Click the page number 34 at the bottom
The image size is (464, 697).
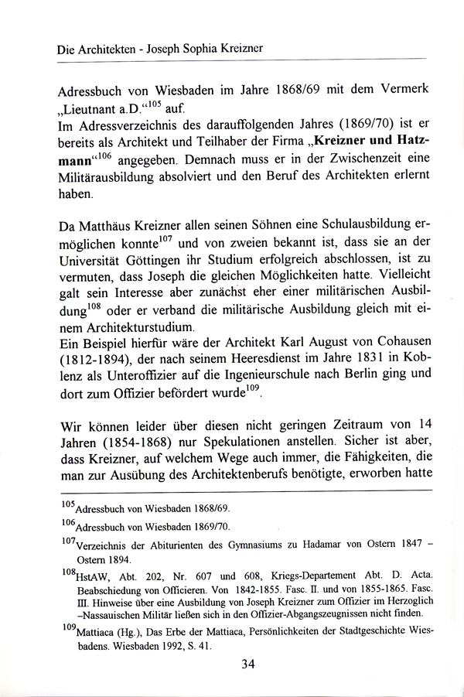tap(247, 663)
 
